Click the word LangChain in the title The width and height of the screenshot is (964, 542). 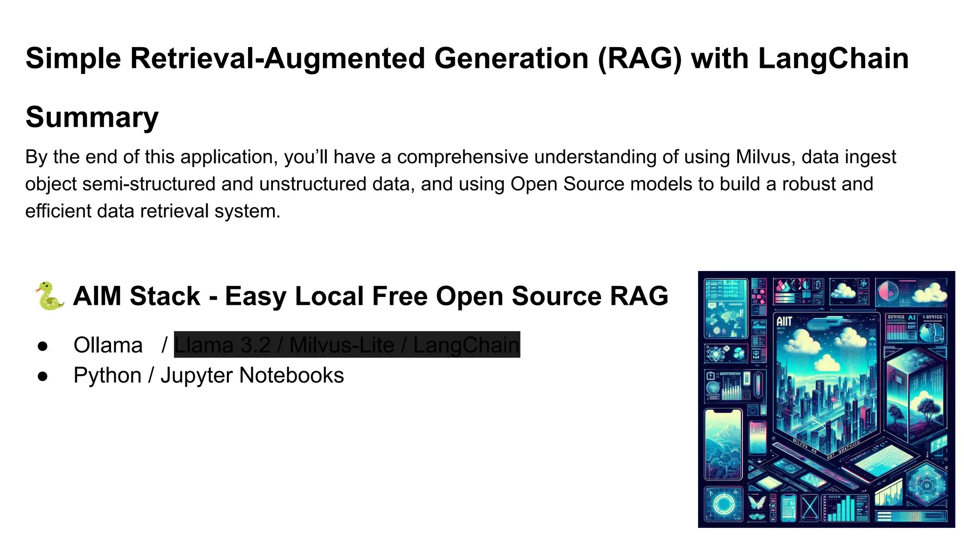833,59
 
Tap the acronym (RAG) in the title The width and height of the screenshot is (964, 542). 640,59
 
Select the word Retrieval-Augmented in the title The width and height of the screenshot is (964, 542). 277,59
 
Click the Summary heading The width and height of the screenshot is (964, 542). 92,117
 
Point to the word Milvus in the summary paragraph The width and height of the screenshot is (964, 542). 763,157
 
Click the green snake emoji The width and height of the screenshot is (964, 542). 49,296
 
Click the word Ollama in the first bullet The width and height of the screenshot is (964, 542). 108,345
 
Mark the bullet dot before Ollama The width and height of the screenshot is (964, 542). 43,346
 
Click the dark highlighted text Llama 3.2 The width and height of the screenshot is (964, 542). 222,345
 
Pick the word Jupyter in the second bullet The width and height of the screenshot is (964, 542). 196,375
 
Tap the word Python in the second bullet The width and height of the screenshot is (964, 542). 107,375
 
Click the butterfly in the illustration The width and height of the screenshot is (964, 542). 757,507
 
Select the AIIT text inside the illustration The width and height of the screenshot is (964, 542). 784,321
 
